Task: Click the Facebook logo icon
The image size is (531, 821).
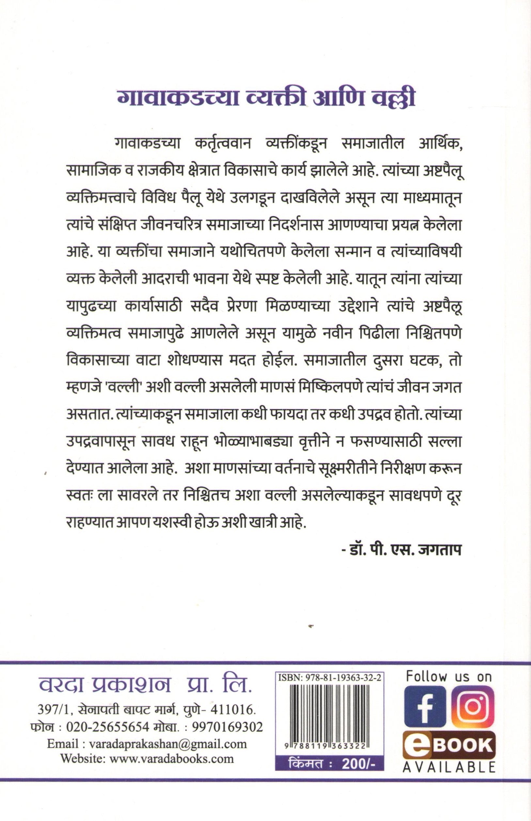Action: pyautogui.click(x=425, y=706)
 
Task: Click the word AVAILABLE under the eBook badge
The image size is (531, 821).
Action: pyautogui.click(x=449, y=767)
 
